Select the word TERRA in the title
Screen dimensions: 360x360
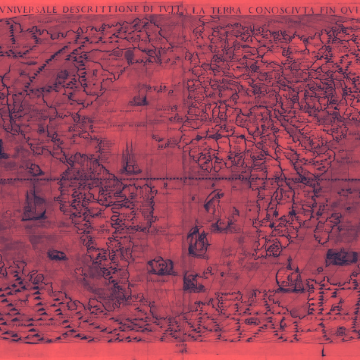click(226, 10)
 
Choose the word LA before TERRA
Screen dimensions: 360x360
click(200, 10)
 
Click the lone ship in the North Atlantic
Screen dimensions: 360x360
click(138, 96)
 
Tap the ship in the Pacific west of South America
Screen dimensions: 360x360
click(33, 205)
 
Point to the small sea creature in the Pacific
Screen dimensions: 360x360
click(34, 170)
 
